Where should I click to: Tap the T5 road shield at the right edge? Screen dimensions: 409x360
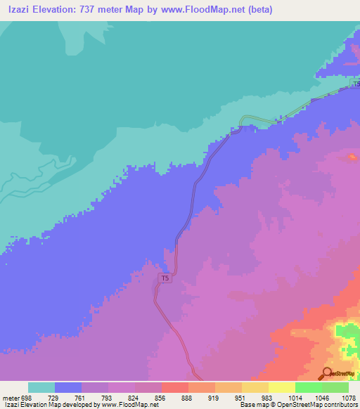(356, 84)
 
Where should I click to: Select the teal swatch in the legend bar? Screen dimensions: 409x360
(41, 387)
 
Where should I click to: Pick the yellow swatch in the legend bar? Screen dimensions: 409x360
(281, 387)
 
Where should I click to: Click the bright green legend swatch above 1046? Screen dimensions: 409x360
(308, 387)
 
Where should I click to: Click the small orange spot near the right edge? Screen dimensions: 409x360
(351, 155)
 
